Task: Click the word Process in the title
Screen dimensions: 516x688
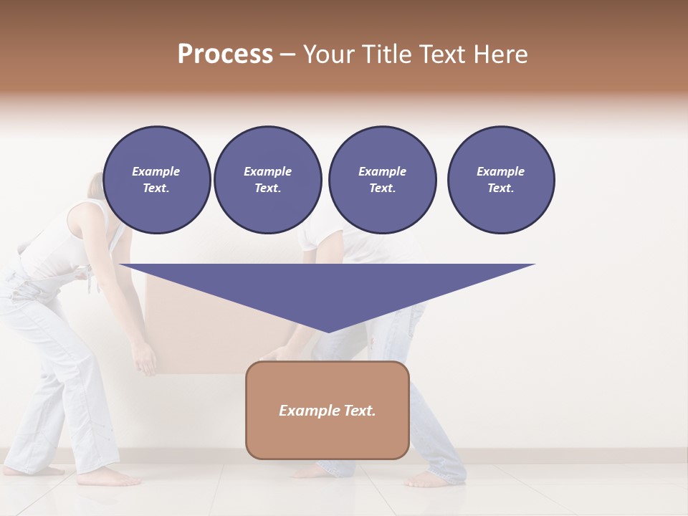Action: pyautogui.click(x=225, y=54)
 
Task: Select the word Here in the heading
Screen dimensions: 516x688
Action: pyautogui.click(x=500, y=54)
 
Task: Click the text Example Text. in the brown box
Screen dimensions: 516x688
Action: pyautogui.click(x=327, y=411)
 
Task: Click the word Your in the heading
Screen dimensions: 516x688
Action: pyautogui.click(x=328, y=54)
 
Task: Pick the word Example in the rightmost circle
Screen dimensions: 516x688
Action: pyautogui.click(x=500, y=171)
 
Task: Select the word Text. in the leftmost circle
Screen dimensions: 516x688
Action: pyautogui.click(x=156, y=188)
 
